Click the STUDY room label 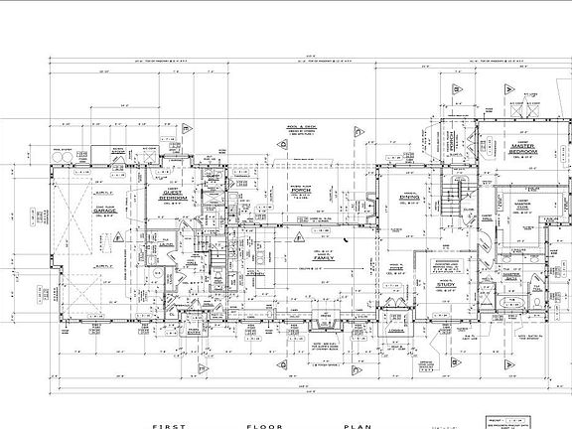point(445,285)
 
